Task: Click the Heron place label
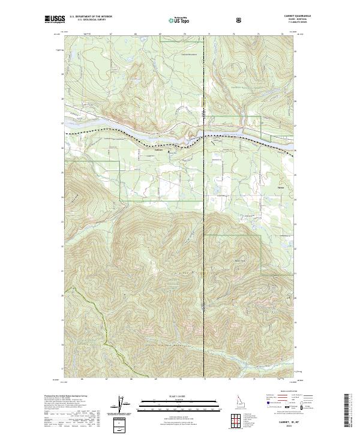[x=281, y=187]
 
